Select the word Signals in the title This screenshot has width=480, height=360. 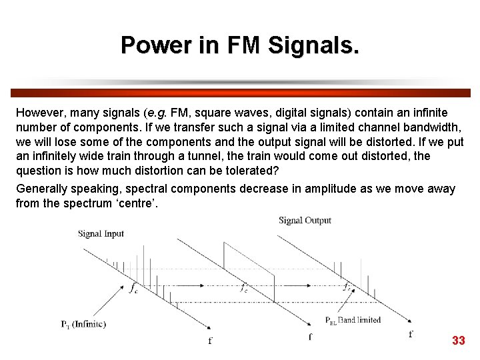pos(313,45)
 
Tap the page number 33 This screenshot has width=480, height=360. pos(458,341)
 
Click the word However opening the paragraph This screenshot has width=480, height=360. pos(41,113)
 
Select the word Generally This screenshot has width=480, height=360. pos(42,189)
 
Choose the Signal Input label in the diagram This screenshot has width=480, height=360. pos(101,233)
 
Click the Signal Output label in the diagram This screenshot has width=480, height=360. pos(305,221)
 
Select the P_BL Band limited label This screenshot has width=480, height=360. pos(353,320)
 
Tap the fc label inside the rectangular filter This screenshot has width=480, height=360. pos(245,288)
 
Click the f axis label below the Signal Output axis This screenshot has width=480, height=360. pos(411,334)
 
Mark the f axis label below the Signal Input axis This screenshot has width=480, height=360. pos(211,341)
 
